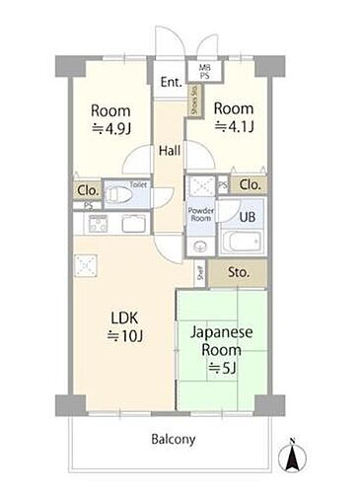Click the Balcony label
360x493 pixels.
(x=173, y=439)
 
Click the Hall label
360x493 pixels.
(x=169, y=152)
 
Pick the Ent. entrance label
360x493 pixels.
(x=171, y=82)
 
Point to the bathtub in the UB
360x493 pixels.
(x=242, y=243)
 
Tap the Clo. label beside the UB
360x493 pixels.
(x=250, y=183)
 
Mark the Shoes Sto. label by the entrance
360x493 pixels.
(x=193, y=103)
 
